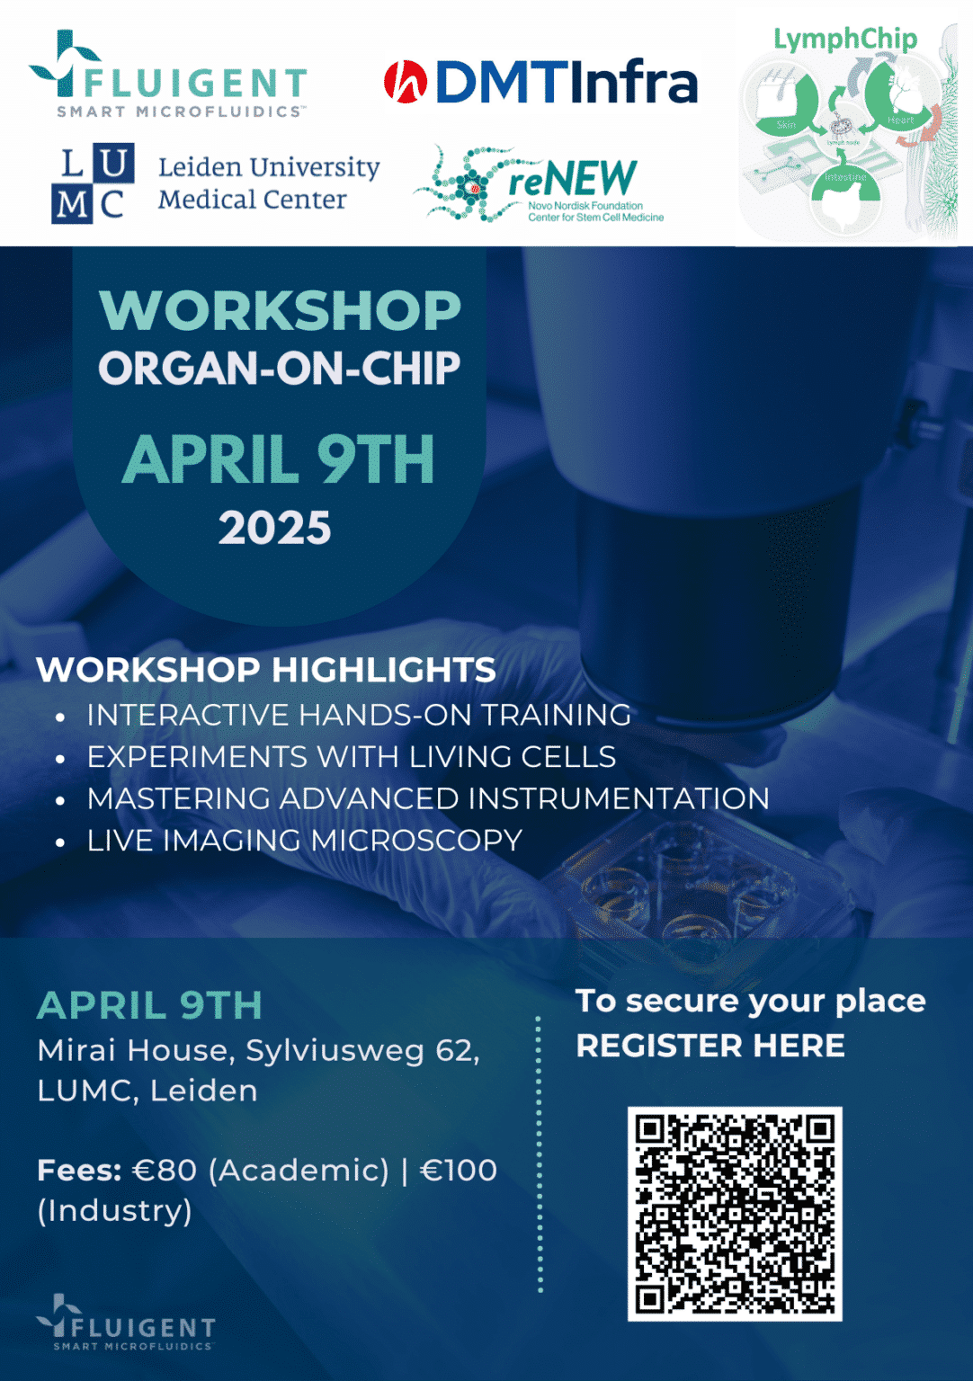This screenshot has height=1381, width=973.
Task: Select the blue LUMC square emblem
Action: (x=94, y=183)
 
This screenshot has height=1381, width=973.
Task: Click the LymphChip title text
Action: (x=845, y=39)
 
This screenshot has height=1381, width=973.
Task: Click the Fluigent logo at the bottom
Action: (x=126, y=1323)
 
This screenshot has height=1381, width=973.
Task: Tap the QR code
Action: (x=734, y=1214)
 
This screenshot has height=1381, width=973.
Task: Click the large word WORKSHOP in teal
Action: (x=280, y=311)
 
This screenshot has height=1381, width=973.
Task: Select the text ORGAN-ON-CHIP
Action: (x=280, y=369)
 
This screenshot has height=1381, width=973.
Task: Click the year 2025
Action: (x=275, y=528)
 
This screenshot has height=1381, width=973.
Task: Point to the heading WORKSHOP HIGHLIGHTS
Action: (x=266, y=670)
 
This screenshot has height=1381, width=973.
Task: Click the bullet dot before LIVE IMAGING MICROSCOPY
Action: (x=60, y=842)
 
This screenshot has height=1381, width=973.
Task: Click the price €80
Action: (x=165, y=1170)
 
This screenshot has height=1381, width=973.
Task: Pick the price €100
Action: (x=459, y=1170)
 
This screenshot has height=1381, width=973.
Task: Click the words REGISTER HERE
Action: (x=710, y=1046)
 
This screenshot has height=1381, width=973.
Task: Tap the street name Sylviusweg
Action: (x=335, y=1050)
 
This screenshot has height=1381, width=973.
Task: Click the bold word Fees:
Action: (x=79, y=1170)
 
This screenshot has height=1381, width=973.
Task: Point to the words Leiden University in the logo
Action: (x=269, y=167)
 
